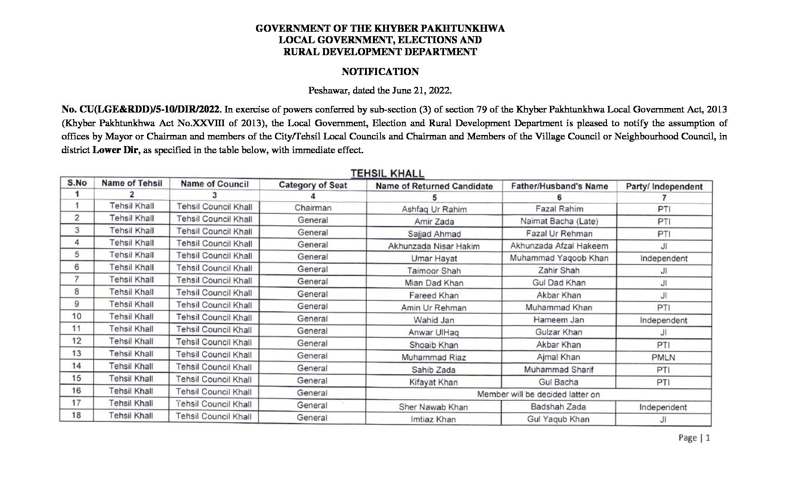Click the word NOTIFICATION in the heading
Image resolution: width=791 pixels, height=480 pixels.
coord(380,71)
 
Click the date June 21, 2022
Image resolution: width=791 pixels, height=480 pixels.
coord(422,91)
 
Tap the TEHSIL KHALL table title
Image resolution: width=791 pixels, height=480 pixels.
coord(387,174)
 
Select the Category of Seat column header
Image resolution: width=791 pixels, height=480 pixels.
coord(313,185)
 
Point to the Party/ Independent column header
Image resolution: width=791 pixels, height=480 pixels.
coord(664,187)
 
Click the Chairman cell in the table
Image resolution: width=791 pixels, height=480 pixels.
coord(313,208)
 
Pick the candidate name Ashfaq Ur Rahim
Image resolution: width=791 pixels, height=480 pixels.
coord(434,210)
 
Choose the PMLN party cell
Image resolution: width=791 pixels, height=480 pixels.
coord(663,358)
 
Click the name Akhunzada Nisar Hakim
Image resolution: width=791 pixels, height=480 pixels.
coord(433,247)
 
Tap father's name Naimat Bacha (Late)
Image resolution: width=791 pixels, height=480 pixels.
coord(559,221)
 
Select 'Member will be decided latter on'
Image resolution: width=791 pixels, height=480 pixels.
coord(539,394)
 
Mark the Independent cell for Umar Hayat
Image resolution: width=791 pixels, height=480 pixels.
coord(663,259)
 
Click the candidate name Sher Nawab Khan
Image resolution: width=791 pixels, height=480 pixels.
coord(433,407)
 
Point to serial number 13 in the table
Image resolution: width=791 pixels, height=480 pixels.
coord(76,353)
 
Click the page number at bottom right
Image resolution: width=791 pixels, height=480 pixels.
coord(694,438)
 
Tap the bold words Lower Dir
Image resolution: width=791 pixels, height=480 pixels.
coord(115,150)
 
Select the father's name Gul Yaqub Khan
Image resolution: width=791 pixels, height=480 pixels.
coord(558,419)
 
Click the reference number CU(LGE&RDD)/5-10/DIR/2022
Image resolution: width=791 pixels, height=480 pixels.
coord(142,109)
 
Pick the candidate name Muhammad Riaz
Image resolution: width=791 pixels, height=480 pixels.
coord(433,358)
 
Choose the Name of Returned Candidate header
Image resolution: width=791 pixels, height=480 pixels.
coord(434,186)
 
